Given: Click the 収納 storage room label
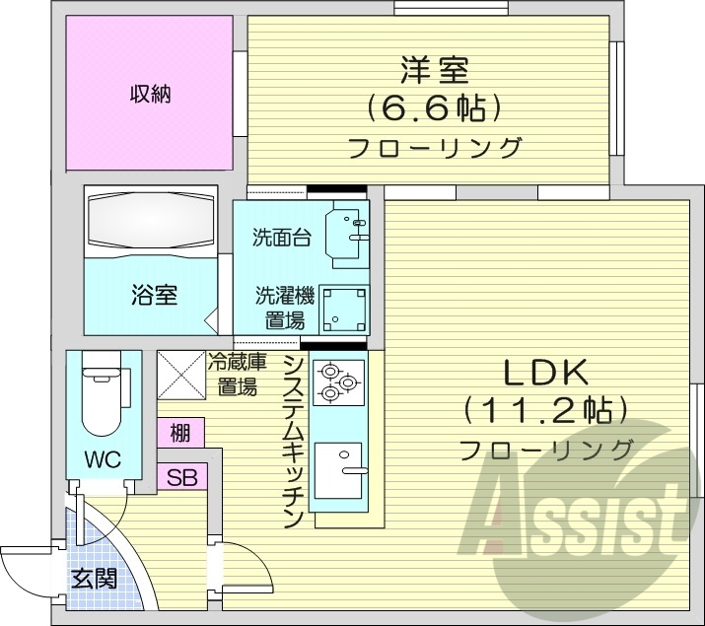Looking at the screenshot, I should pyautogui.click(x=150, y=95).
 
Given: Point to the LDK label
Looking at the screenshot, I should pyautogui.click(x=546, y=373).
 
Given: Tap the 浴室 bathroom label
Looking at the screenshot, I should pyautogui.click(x=154, y=294).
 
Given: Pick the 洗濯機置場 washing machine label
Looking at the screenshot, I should pyautogui.click(x=283, y=307).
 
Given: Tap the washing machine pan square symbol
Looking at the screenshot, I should pyautogui.click(x=346, y=309).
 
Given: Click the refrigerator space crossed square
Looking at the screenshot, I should pyautogui.click(x=180, y=375).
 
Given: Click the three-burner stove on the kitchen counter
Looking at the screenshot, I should pyautogui.click(x=338, y=382).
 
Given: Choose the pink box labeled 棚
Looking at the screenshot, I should pyautogui.click(x=179, y=433).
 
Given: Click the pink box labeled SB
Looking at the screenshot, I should pyautogui.click(x=180, y=477).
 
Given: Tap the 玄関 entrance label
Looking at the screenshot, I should pyautogui.click(x=93, y=578).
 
